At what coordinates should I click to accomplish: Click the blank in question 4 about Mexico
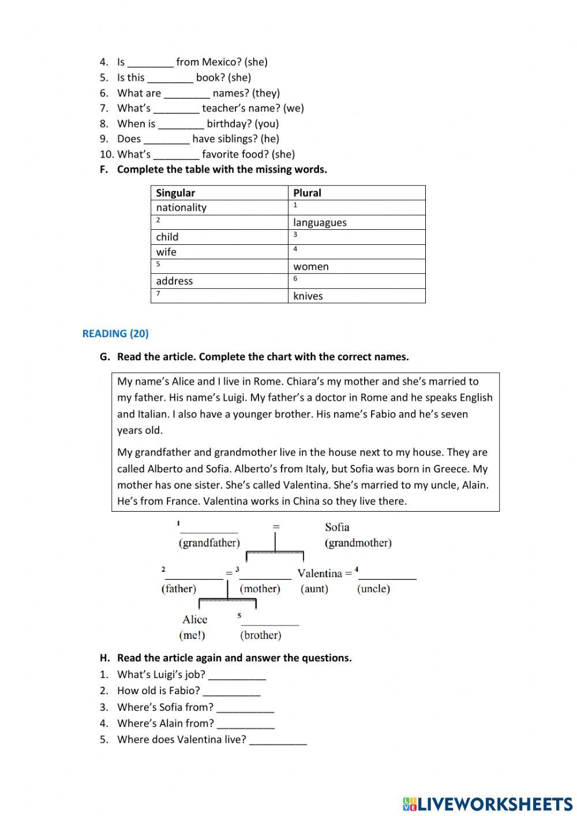point(150,62)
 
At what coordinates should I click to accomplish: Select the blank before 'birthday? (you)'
point(181,124)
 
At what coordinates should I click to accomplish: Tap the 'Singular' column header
point(175,193)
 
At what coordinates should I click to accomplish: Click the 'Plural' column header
point(307,193)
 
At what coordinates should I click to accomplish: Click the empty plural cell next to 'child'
point(356,237)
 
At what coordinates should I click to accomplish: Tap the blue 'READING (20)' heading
point(115,333)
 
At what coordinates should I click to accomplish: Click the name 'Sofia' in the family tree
point(337,527)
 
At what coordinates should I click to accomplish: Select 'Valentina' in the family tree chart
point(320,573)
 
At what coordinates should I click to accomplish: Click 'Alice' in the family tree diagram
point(194,620)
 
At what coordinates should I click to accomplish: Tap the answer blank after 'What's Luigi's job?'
point(237,675)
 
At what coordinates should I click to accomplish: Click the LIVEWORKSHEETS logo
point(487,804)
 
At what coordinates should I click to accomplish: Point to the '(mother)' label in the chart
point(260,589)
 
